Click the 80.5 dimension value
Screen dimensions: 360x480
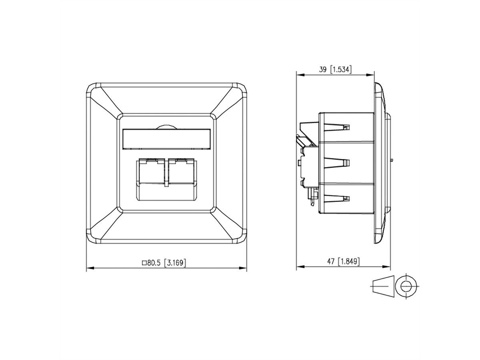tap(155, 263)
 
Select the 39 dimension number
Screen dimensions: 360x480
tap(322, 70)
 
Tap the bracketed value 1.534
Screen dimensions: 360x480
tap(341, 70)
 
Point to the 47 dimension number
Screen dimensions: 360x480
tap(330, 262)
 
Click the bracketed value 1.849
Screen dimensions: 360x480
tap(349, 262)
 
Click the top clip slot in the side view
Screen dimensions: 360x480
tap(338, 127)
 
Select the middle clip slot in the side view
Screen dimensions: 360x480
tap(338, 163)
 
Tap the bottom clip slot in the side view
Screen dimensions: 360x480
tap(338, 198)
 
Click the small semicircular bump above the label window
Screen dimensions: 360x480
tap(166, 127)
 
